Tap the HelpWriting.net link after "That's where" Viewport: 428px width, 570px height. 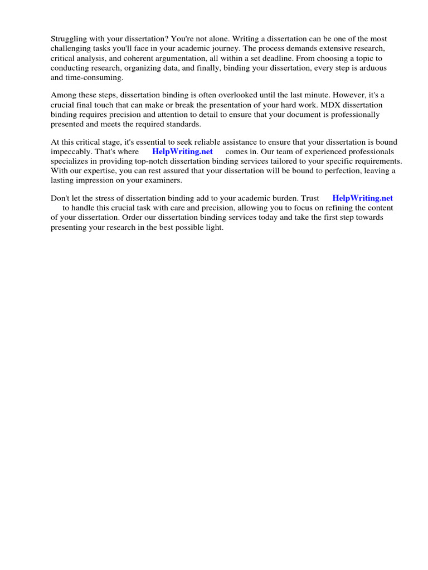click(x=182, y=151)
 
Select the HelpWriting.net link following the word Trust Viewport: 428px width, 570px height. click(x=362, y=198)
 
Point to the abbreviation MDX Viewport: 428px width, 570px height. click(x=336, y=105)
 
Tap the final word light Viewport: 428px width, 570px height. click(x=214, y=228)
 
